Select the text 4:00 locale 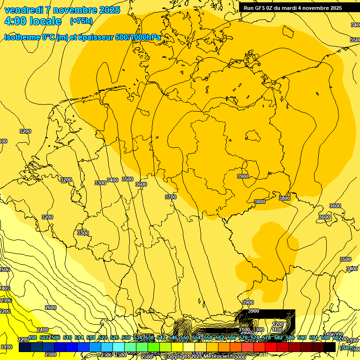(x=33, y=21)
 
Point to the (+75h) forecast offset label (x=81, y=21)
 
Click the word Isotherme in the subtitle (x=23, y=37)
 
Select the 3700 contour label (x=171, y=197)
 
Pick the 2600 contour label (x=51, y=307)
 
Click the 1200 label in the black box (x=278, y=324)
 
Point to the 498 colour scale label (x=33, y=337)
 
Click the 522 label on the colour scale (x=103, y=337)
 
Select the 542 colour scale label (x=161, y=337)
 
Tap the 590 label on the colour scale (x=302, y=337)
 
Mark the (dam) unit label (x=347, y=348)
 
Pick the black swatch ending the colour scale (x=330, y=347)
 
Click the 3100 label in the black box (x=244, y=330)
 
